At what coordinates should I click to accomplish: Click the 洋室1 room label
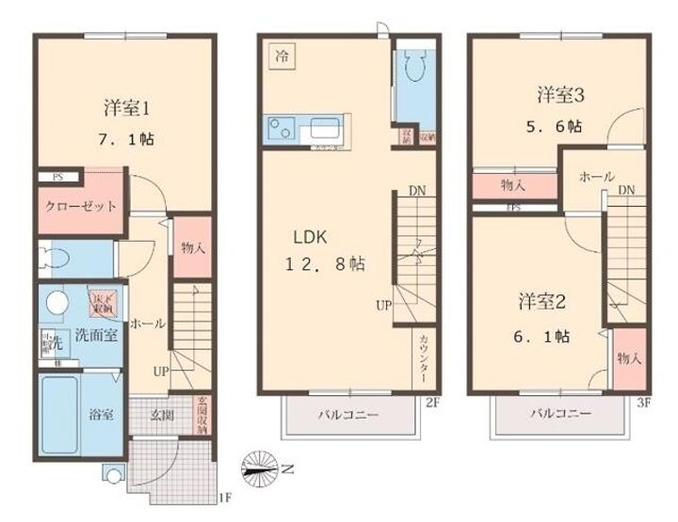[x=128, y=106]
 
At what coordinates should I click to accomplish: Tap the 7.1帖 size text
[x=128, y=138]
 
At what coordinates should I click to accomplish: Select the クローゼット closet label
[x=80, y=206]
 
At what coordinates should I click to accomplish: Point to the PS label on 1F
[x=57, y=176]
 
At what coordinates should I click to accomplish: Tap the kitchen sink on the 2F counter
[x=324, y=128]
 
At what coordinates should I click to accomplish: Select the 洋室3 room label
[x=562, y=94]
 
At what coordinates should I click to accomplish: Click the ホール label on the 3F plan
[x=596, y=177]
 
